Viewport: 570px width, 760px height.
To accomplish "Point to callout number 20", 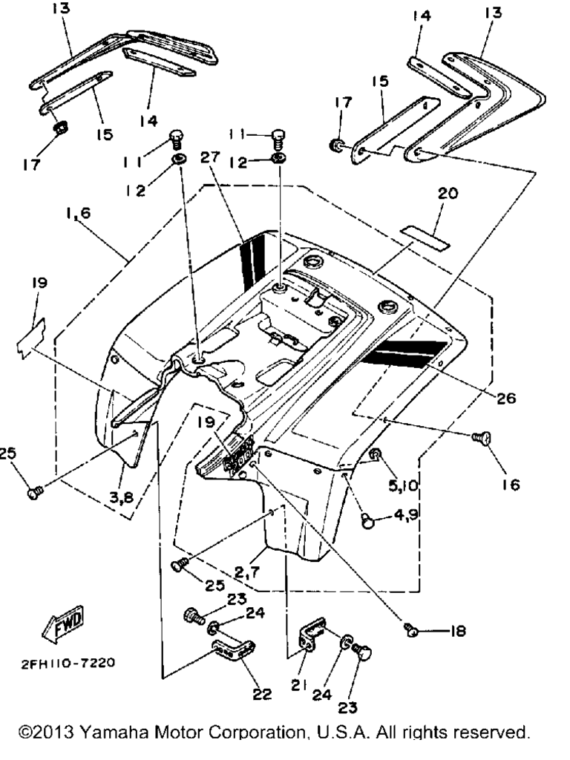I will tap(448, 194).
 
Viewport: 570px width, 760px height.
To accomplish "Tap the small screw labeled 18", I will tap(413, 630).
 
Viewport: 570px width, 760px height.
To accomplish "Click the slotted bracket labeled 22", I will tap(232, 651).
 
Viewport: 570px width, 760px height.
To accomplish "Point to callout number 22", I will tap(261, 695).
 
